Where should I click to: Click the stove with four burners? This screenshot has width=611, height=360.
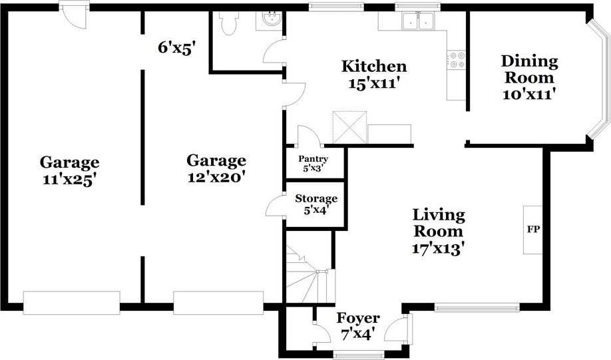[x=456, y=60]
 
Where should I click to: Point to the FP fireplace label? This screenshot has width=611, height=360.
[x=533, y=230]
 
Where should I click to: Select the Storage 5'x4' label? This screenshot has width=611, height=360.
[x=316, y=204]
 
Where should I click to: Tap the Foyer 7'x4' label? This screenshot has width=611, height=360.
[x=357, y=326]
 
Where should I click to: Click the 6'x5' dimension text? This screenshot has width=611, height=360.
[x=176, y=48]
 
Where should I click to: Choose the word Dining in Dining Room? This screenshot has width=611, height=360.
[x=529, y=61]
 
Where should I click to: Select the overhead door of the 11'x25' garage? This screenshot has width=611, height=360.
[x=71, y=302]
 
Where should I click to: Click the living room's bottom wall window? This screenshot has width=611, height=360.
[x=476, y=307]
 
